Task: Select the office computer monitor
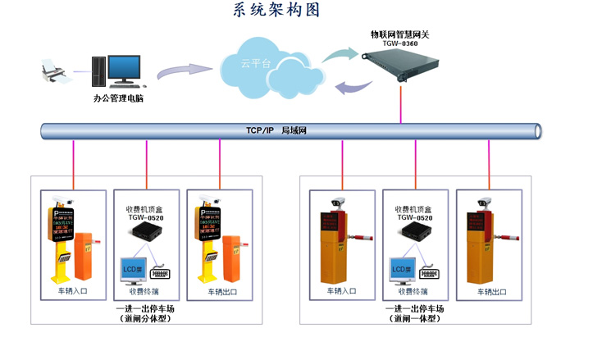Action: coord(127,67)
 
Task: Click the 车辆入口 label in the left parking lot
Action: coord(74,292)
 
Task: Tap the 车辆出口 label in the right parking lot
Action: coord(490,292)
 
